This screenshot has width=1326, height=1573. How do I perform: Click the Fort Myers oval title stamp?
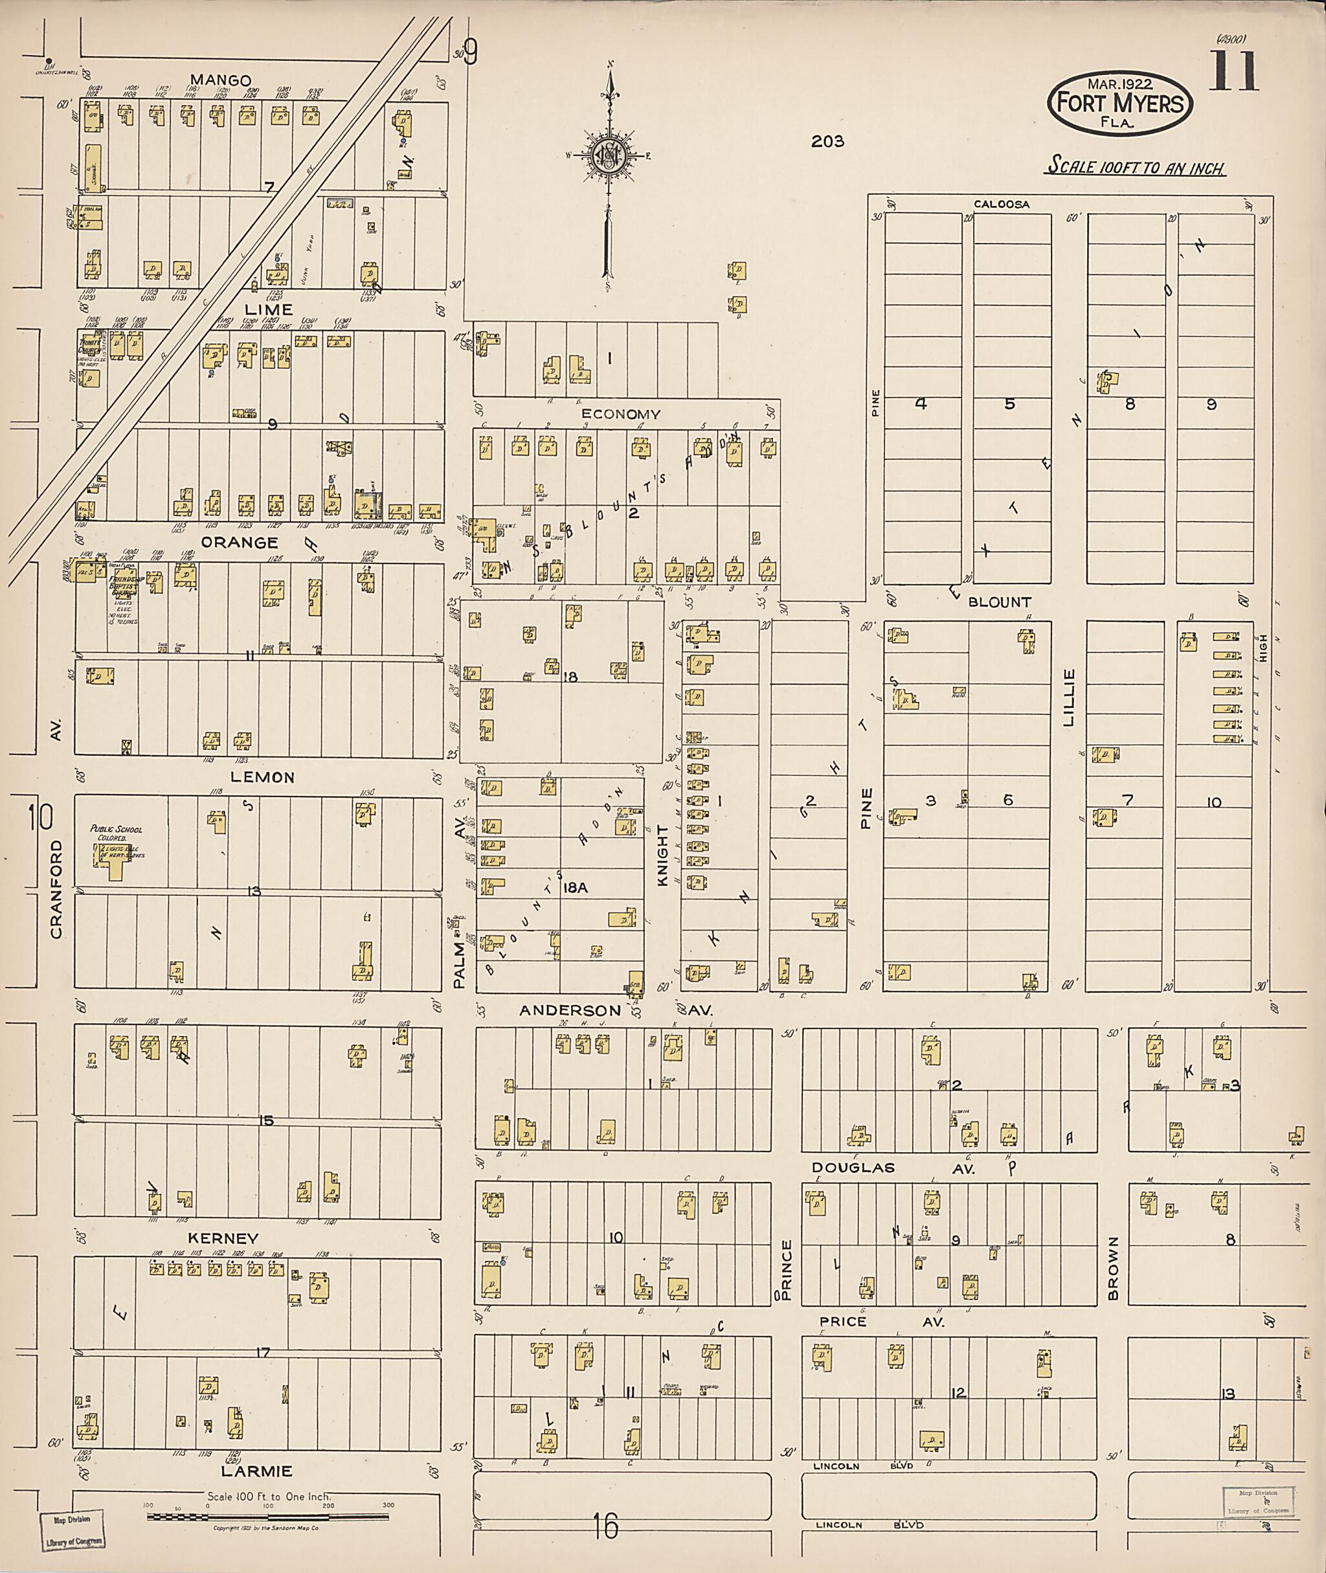click(x=1119, y=103)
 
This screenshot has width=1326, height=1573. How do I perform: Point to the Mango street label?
click(x=219, y=80)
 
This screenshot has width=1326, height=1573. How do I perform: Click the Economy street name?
click(x=621, y=414)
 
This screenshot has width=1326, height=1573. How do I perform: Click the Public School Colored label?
click(x=116, y=833)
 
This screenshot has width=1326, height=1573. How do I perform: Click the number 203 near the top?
click(x=827, y=141)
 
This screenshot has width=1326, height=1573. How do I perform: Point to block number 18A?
click(x=574, y=888)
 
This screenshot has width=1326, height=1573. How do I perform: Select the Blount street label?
click(x=999, y=602)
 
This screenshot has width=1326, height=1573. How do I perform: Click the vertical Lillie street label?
click(x=1069, y=697)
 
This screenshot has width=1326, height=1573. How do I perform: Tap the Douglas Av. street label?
click(x=892, y=1168)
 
